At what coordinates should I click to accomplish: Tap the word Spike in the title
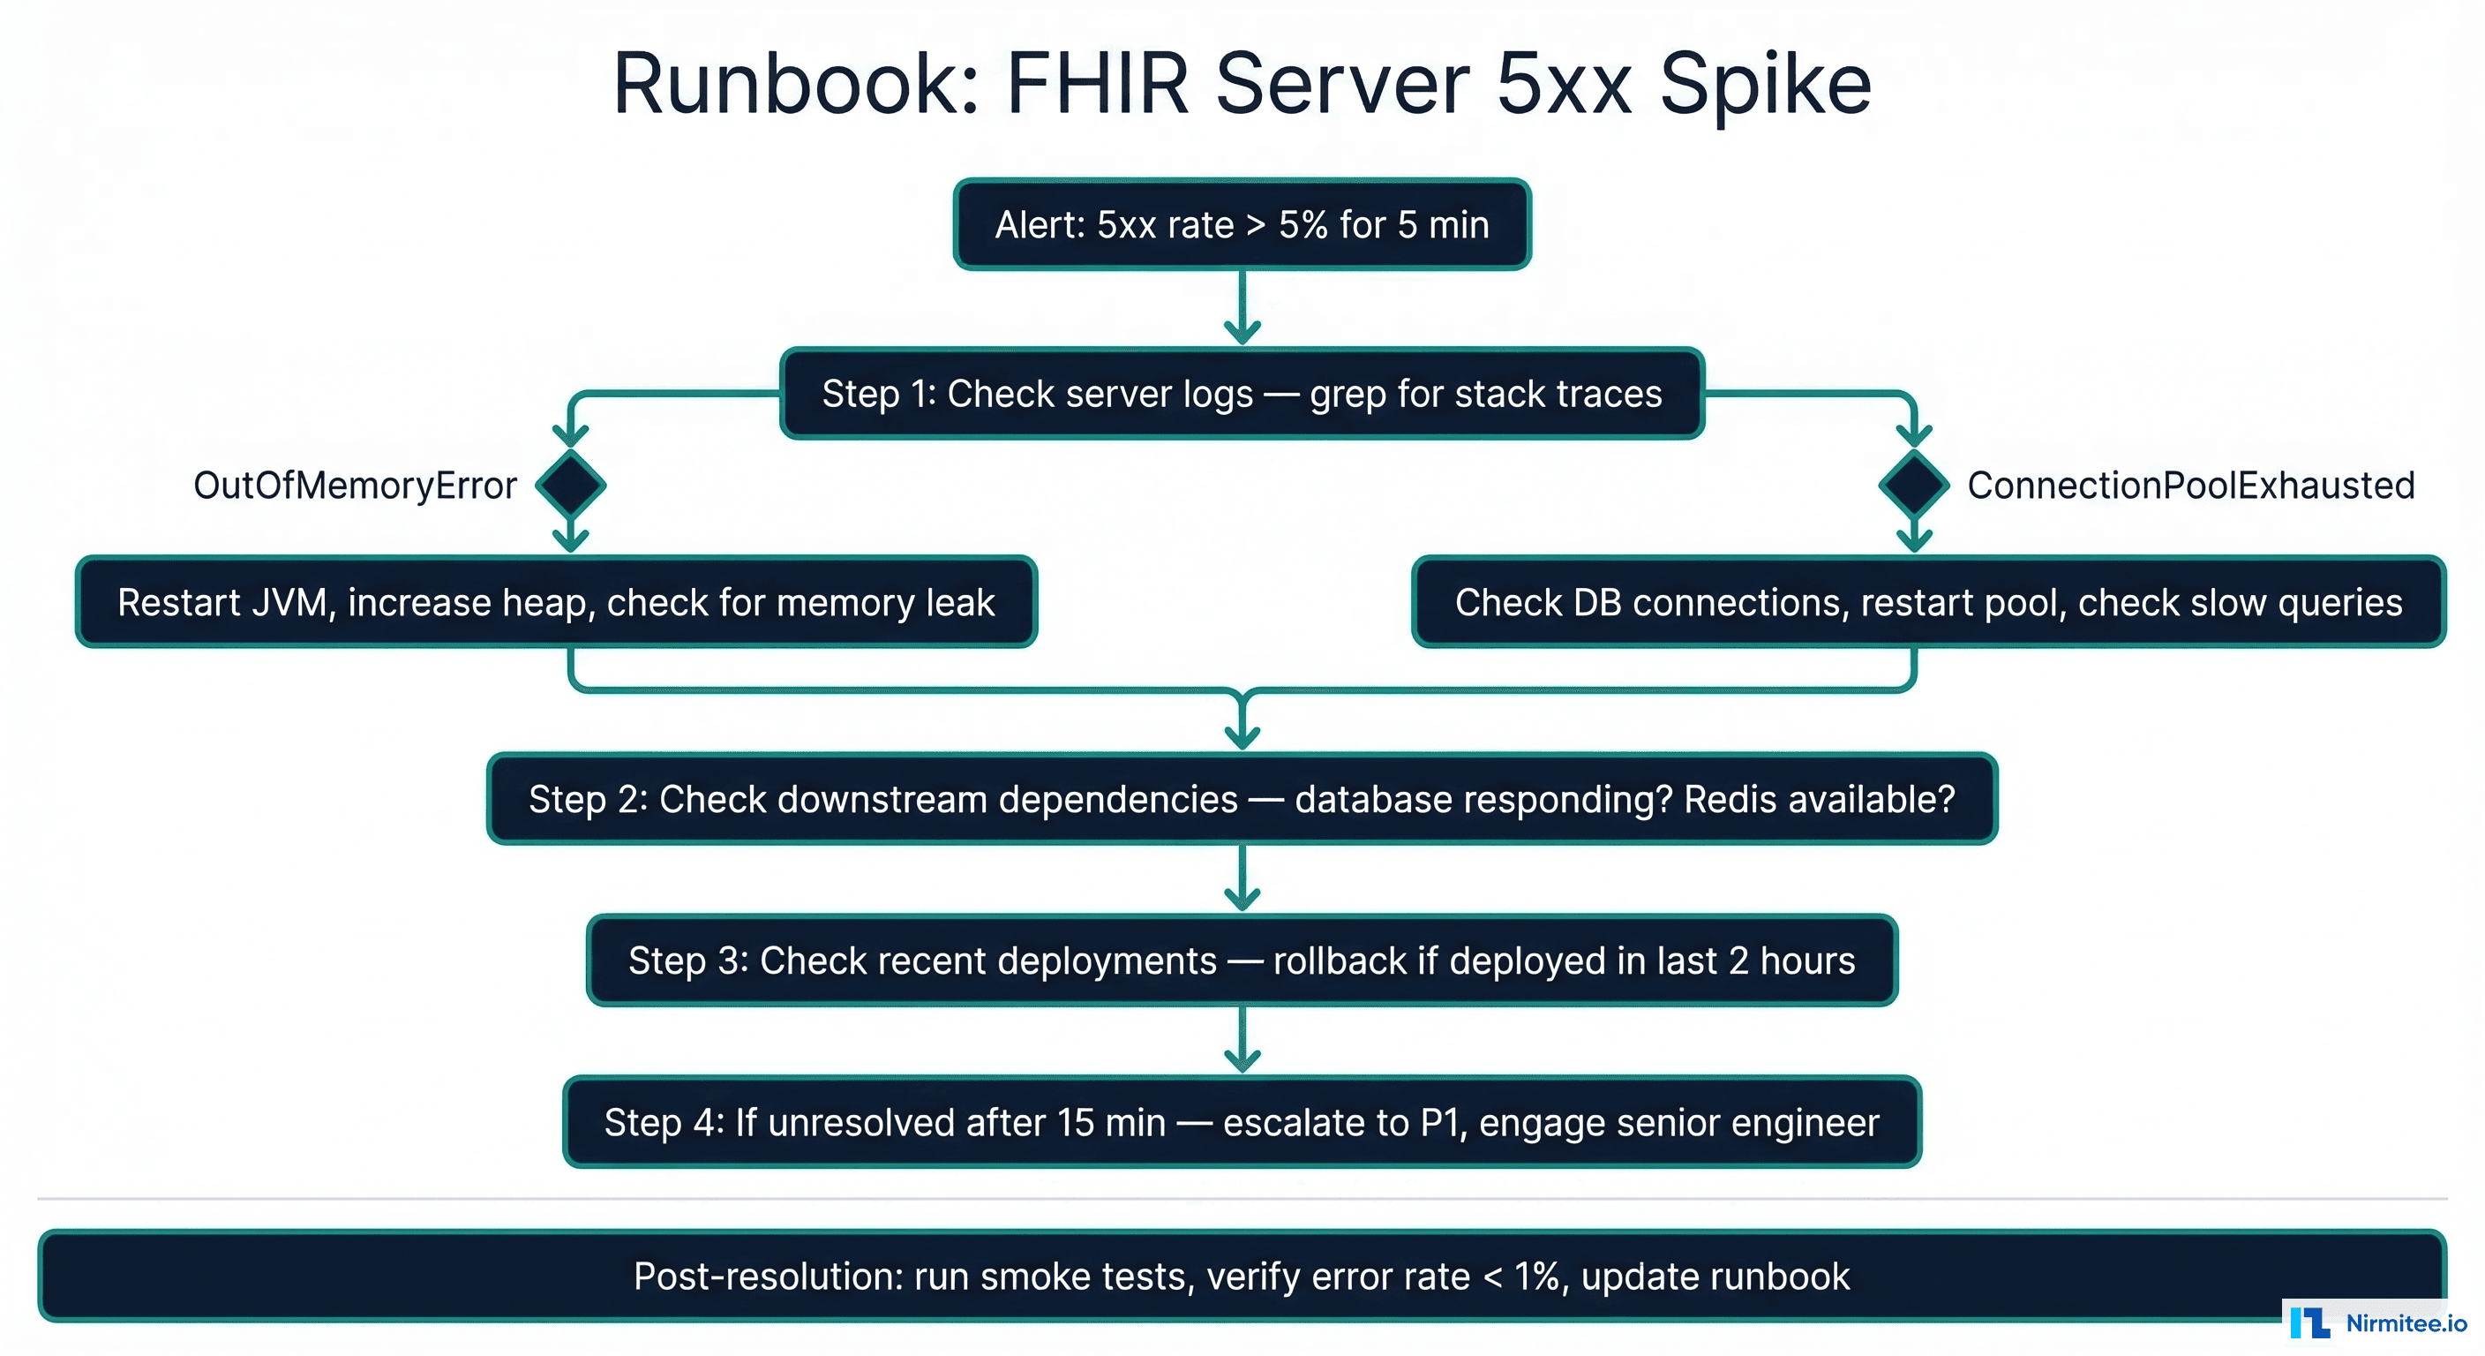[x=1764, y=85]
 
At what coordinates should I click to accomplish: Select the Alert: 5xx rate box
[x=1242, y=225]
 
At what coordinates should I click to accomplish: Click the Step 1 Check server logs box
[x=1242, y=394]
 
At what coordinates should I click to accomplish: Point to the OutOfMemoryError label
[x=355, y=486]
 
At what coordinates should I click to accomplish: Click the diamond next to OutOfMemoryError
[x=571, y=486]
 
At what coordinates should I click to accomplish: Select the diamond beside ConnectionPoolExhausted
[x=1914, y=486]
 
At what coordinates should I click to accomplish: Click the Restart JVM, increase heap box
[x=557, y=602]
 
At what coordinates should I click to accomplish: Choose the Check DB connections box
[x=1928, y=602]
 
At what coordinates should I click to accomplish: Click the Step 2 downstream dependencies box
[x=1242, y=799]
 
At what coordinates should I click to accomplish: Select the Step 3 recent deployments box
[x=1242, y=960]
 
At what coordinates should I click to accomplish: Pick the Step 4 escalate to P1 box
[x=1242, y=1122]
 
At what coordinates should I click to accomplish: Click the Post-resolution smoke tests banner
[x=1242, y=1276]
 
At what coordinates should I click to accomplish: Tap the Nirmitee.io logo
[x=2378, y=1322]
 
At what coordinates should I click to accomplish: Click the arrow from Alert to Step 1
[x=1242, y=307]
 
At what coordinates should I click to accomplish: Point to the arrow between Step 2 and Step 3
[x=1242, y=878]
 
